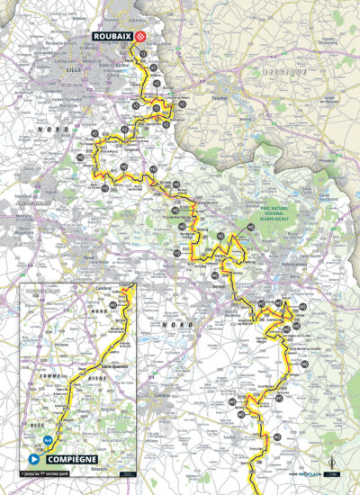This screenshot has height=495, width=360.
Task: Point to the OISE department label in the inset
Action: pyautogui.click(x=34, y=416)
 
